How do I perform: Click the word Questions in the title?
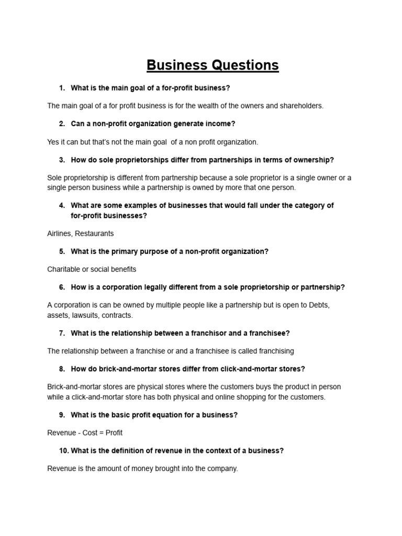(x=245, y=65)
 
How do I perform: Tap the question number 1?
(x=61, y=88)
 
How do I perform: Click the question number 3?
(x=61, y=160)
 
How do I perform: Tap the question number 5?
(x=61, y=251)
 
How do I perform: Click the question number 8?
(x=61, y=369)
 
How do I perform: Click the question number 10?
(x=63, y=451)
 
